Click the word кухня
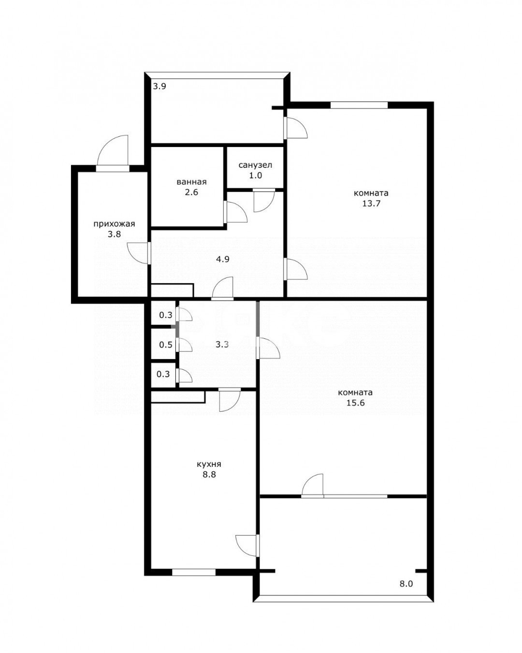pos(209,473)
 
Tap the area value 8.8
pos(209,483)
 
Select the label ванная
pos(191,182)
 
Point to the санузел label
pos(255,165)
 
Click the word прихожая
pos(114,224)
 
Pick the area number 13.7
pos(371,203)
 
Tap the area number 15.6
pos(355,403)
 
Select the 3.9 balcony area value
pos(159,87)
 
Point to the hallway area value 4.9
pos(223,260)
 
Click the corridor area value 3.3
pos(222,345)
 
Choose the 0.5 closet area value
pos(166,345)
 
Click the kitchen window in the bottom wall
pos(194,572)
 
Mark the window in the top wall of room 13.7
pos(359,105)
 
